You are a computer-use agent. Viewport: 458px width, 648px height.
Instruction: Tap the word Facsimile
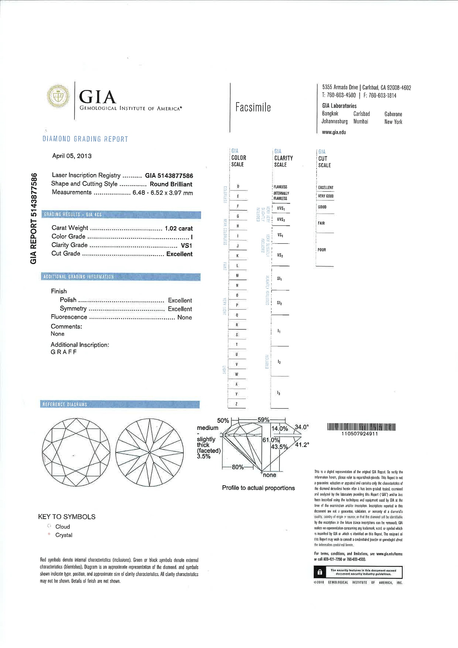(253, 107)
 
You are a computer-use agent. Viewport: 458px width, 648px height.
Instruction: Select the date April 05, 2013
(72, 156)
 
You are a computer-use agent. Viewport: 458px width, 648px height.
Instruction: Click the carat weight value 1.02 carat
(179, 228)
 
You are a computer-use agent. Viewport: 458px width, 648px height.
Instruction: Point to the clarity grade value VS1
(186, 245)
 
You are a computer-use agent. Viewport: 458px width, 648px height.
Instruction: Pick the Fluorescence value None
(184, 317)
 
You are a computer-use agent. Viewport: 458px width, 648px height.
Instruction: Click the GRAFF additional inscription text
(64, 352)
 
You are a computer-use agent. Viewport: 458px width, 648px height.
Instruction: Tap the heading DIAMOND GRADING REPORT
(85, 139)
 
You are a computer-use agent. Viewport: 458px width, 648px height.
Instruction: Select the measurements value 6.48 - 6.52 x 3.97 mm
(162, 193)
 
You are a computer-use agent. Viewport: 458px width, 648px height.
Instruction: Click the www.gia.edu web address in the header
(334, 132)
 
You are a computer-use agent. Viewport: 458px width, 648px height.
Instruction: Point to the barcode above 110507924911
(361, 427)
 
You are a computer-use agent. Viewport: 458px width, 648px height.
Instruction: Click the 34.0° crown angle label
(302, 427)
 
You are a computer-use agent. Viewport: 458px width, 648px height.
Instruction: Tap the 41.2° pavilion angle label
(302, 445)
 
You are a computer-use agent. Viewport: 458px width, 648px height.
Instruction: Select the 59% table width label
(263, 420)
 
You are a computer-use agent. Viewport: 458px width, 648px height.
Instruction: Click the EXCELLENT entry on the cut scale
(325, 188)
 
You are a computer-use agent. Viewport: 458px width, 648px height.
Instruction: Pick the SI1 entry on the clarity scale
(279, 279)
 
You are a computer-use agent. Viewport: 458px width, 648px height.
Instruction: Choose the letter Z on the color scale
(237, 404)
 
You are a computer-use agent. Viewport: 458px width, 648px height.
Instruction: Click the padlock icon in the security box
(320, 572)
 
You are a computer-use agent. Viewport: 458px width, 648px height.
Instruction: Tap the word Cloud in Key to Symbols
(63, 527)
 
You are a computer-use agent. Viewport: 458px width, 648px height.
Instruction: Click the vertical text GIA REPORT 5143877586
(34, 218)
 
